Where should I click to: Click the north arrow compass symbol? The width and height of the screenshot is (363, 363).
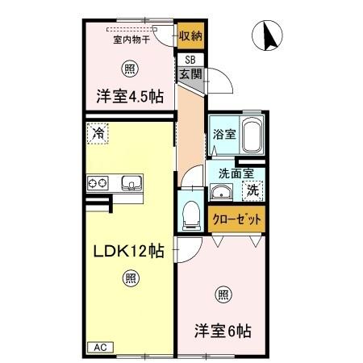(267, 35)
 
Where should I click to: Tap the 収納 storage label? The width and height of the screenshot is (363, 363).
(190, 35)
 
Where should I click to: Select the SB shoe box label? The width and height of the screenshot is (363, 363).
(190, 60)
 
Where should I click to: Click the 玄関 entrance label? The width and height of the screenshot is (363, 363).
(190, 73)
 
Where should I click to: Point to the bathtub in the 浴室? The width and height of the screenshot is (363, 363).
(252, 135)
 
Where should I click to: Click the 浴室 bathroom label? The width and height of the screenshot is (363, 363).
(224, 134)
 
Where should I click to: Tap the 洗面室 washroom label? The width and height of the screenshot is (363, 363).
(236, 173)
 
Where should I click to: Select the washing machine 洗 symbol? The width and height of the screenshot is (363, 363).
(252, 190)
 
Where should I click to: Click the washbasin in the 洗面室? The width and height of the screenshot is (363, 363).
(221, 192)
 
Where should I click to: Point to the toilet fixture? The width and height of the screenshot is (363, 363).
(191, 215)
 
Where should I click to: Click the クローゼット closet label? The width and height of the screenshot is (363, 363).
(236, 219)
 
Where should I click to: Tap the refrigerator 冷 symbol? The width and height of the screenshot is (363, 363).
(98, 133)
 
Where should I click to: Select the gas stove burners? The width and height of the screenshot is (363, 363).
(98, 183)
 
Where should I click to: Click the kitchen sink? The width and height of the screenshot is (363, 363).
(131, 183)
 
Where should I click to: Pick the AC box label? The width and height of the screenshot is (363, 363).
(101, 348)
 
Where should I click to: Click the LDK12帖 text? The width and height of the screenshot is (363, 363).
(128, 251)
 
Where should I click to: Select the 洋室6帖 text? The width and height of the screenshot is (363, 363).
(223, 331)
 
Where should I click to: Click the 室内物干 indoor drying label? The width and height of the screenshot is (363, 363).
(131, 40)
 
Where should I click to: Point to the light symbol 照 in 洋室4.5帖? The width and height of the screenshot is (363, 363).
(130, 69)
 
